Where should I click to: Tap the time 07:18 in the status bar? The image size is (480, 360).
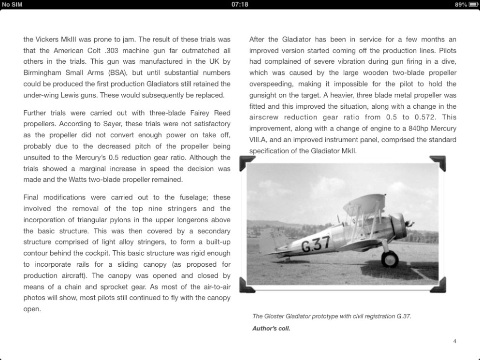[240, 4]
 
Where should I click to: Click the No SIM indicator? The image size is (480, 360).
[12, 4]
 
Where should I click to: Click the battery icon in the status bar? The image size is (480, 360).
[473, 4]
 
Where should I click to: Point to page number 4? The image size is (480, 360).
[454, 341]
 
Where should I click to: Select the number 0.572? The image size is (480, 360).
[425, 117]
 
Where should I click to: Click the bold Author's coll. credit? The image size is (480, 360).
[271, 329]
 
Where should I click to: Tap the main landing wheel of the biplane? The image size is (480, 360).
[390, 259]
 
